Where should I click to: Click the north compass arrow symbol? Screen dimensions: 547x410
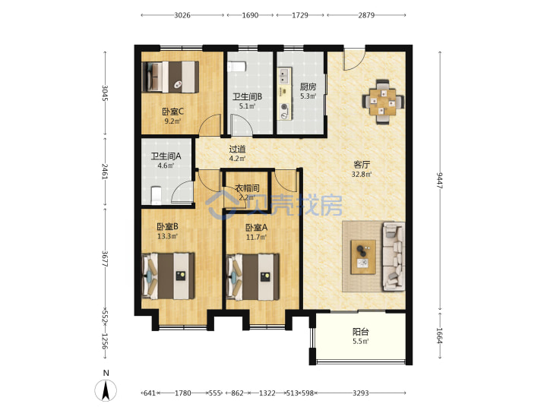106,390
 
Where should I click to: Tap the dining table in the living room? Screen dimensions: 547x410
383,102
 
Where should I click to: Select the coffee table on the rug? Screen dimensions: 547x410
363,257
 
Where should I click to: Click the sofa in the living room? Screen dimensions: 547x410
394,257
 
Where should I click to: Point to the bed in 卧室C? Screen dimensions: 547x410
170,77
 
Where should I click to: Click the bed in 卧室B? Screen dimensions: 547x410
169,276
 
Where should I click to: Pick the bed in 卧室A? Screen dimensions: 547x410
253,277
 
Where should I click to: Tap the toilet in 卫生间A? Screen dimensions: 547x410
156,195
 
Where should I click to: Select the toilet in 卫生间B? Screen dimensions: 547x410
237,67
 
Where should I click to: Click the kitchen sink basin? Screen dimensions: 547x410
284,77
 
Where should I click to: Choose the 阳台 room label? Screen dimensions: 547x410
360,332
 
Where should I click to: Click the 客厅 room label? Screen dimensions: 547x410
362,165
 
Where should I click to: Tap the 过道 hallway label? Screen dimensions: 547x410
237,150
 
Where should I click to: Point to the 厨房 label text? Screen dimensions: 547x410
308,87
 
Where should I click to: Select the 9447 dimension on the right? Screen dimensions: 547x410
439,180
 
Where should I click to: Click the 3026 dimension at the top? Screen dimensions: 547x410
182,15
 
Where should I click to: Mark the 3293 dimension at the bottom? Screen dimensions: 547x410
360,393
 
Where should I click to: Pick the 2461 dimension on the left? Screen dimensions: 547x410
105,171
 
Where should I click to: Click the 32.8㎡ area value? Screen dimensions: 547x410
362,174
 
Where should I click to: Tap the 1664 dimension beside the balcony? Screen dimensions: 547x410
439,336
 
